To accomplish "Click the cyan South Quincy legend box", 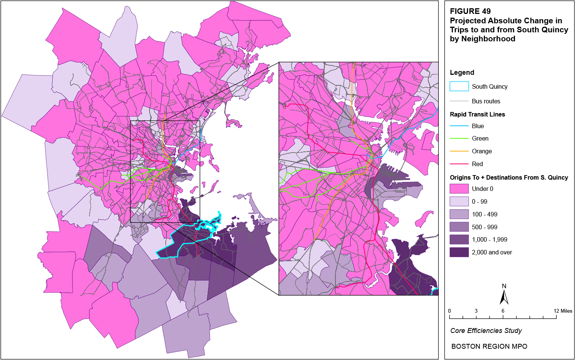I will pos(459,86).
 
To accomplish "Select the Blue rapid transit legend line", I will pos(459,126).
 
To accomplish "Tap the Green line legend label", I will pos(480,139).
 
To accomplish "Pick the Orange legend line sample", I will pos(459,151).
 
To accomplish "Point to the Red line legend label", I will pos(477,164).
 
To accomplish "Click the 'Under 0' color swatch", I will pos(459,189).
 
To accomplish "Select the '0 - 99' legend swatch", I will pos(459,201).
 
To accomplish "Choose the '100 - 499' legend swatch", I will pos(459,214).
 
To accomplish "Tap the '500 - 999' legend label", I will pos(484,227).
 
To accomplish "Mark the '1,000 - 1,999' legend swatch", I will pos(459,239).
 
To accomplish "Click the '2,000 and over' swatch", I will pos(459,252).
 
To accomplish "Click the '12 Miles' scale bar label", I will pos(563,311).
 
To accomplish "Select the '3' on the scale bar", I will pos(476,311).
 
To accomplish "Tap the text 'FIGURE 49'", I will pos(470,11).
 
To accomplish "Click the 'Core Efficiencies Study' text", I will pos(486,331).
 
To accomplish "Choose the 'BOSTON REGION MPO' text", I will pos(489,346).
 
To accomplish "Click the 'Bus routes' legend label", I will pos(486,101).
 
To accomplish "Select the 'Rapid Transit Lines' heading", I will pos(477,114).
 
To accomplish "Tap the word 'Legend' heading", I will pos(462,73).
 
